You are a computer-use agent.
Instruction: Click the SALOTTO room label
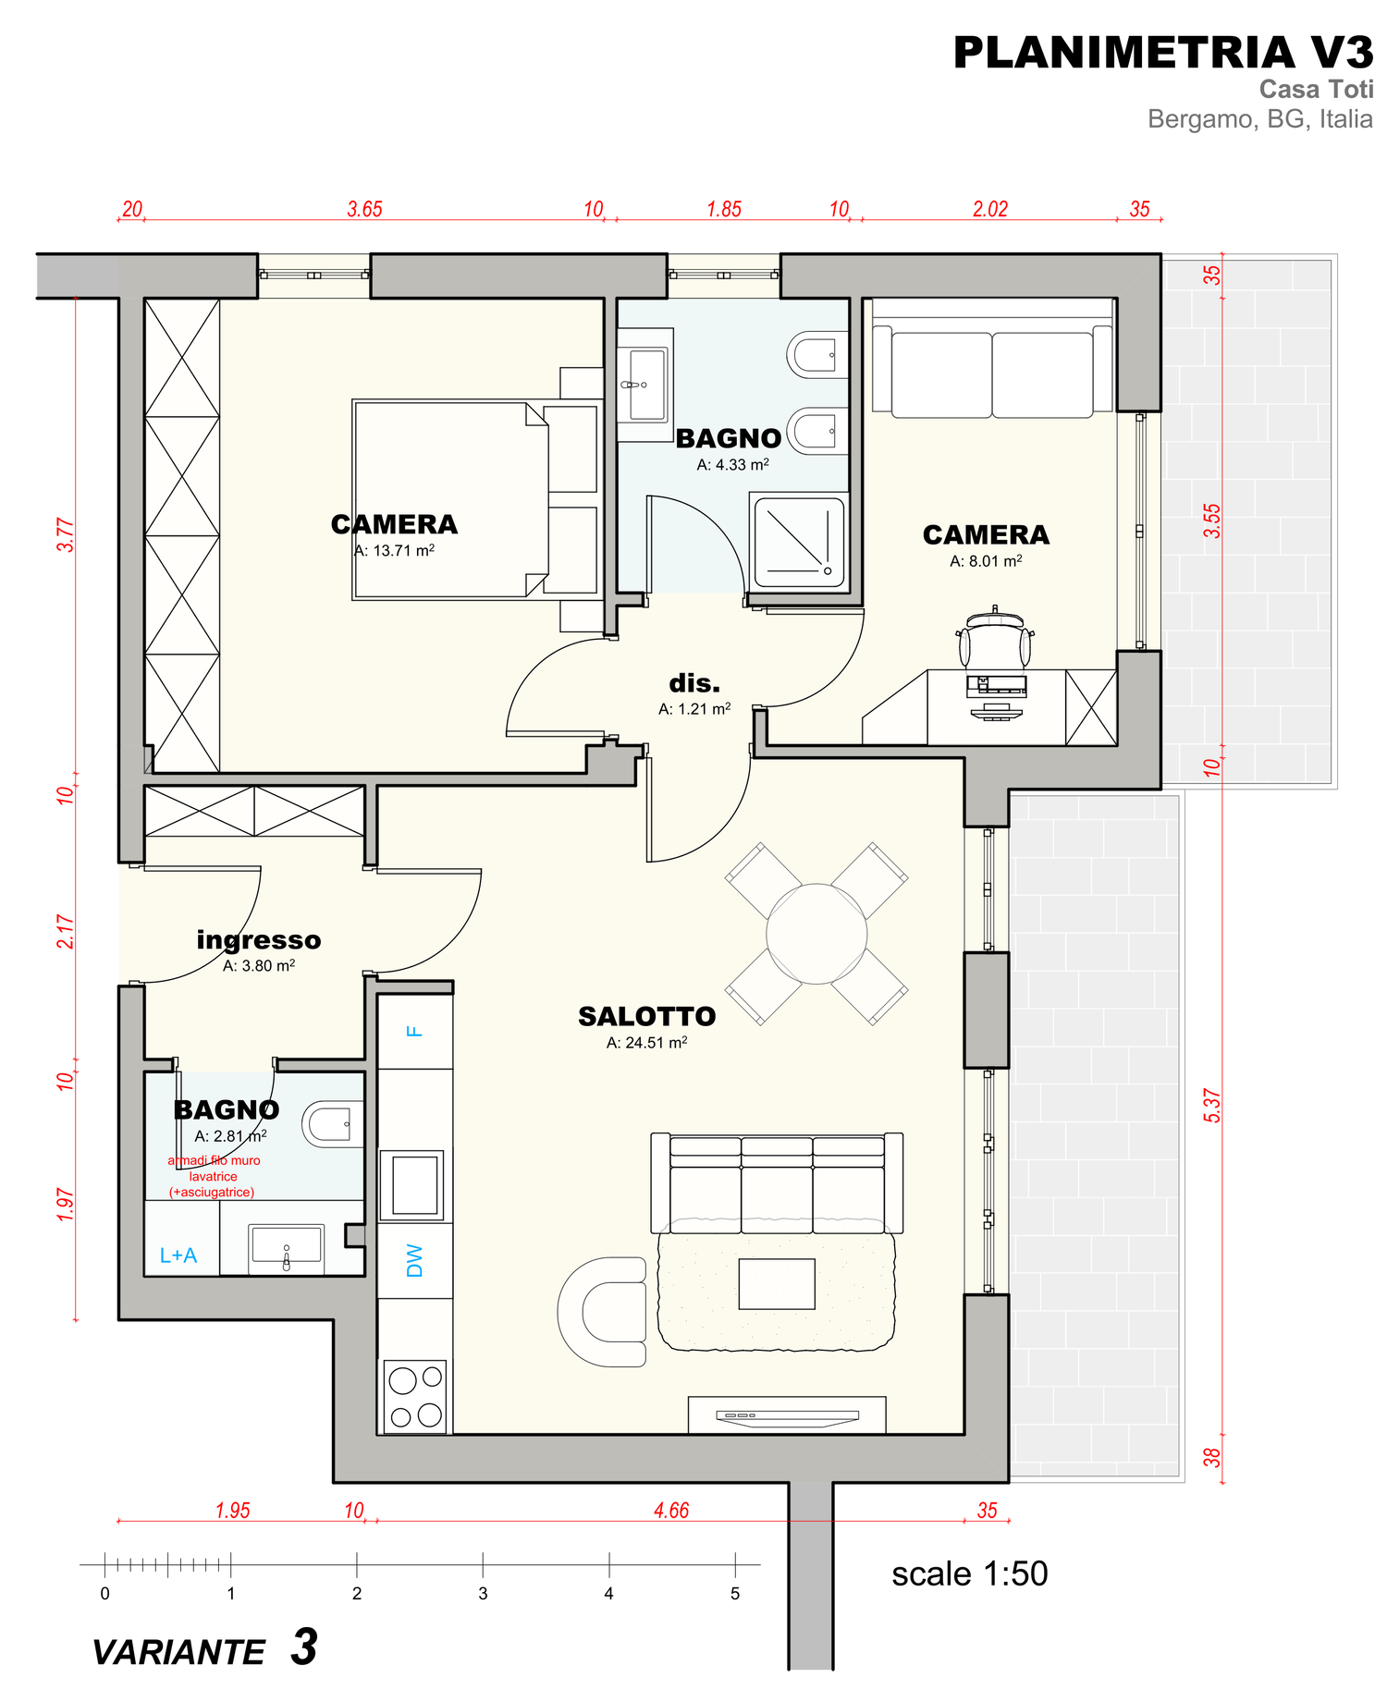point(646,1016)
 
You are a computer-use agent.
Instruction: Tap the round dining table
point(816,934)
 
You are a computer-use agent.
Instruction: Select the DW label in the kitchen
point(415,1260)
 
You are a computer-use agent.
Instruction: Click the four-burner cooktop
point(415,1396)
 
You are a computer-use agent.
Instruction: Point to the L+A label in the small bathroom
point(178,1255)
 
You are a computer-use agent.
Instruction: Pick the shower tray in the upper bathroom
point(799,543)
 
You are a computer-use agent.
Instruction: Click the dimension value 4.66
point(671,1510)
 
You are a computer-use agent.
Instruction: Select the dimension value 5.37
point(1211,1106)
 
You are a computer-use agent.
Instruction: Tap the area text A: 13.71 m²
point(394,550)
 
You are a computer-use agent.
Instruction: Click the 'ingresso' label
point(259,940)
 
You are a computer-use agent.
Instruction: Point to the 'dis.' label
point(694,683)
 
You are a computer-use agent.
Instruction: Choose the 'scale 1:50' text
point(970,1573)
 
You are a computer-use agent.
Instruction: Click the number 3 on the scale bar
point(483,1593)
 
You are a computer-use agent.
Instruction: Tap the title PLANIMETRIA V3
point(1163,53)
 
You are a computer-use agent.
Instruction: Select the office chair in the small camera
point(994,637)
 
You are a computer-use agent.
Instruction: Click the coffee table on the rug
point(777,1284)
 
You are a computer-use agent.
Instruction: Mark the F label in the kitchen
point(415,1031)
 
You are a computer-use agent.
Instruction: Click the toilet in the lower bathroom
point(332,1123)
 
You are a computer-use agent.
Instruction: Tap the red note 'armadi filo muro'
point(214,1160)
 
